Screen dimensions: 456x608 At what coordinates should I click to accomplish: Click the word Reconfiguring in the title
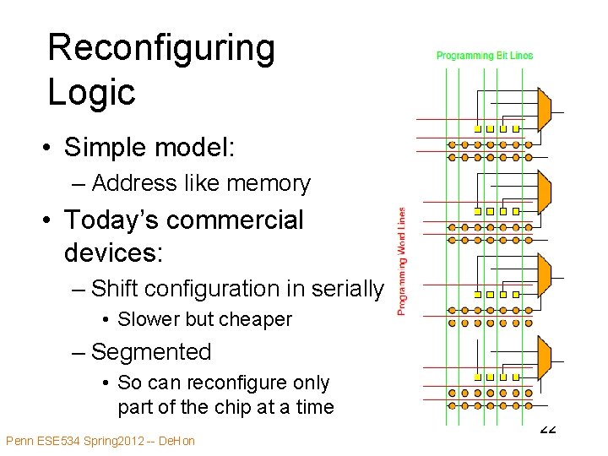point(161,49)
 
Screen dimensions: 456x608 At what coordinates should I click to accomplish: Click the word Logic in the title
point(91,91)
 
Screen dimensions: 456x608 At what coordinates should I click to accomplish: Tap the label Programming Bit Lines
point(485,56)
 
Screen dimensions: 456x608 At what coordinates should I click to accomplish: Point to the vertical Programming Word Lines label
point(402,262)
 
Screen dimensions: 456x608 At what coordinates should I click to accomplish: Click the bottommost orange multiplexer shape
point(544,356)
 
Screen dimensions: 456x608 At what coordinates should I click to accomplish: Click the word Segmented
point(151,351)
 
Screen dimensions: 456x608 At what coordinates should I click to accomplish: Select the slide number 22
point(547,428)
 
